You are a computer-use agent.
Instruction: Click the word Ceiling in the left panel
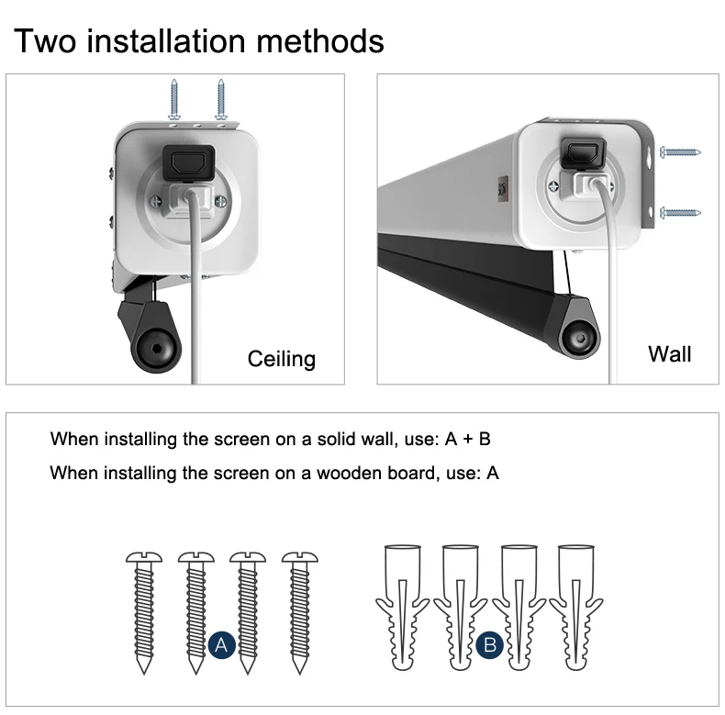(281, 358)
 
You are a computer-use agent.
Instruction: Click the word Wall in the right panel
(669, 353)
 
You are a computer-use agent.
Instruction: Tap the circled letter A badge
(220, 645)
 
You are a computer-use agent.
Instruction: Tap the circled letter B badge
(490, 645)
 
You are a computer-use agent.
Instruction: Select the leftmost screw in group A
(142, 610)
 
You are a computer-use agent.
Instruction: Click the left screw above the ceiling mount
(174, 100)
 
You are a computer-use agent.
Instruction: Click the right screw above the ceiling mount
(220, 100)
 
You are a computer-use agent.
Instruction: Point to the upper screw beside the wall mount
(680, 151)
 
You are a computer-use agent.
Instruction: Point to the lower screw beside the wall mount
(680, 212)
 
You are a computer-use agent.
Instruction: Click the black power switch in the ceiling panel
(188, 161)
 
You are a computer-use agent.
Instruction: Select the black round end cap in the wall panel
(580, 337)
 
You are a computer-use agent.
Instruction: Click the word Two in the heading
(47, 41)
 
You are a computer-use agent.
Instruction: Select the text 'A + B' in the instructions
(467, 439)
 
